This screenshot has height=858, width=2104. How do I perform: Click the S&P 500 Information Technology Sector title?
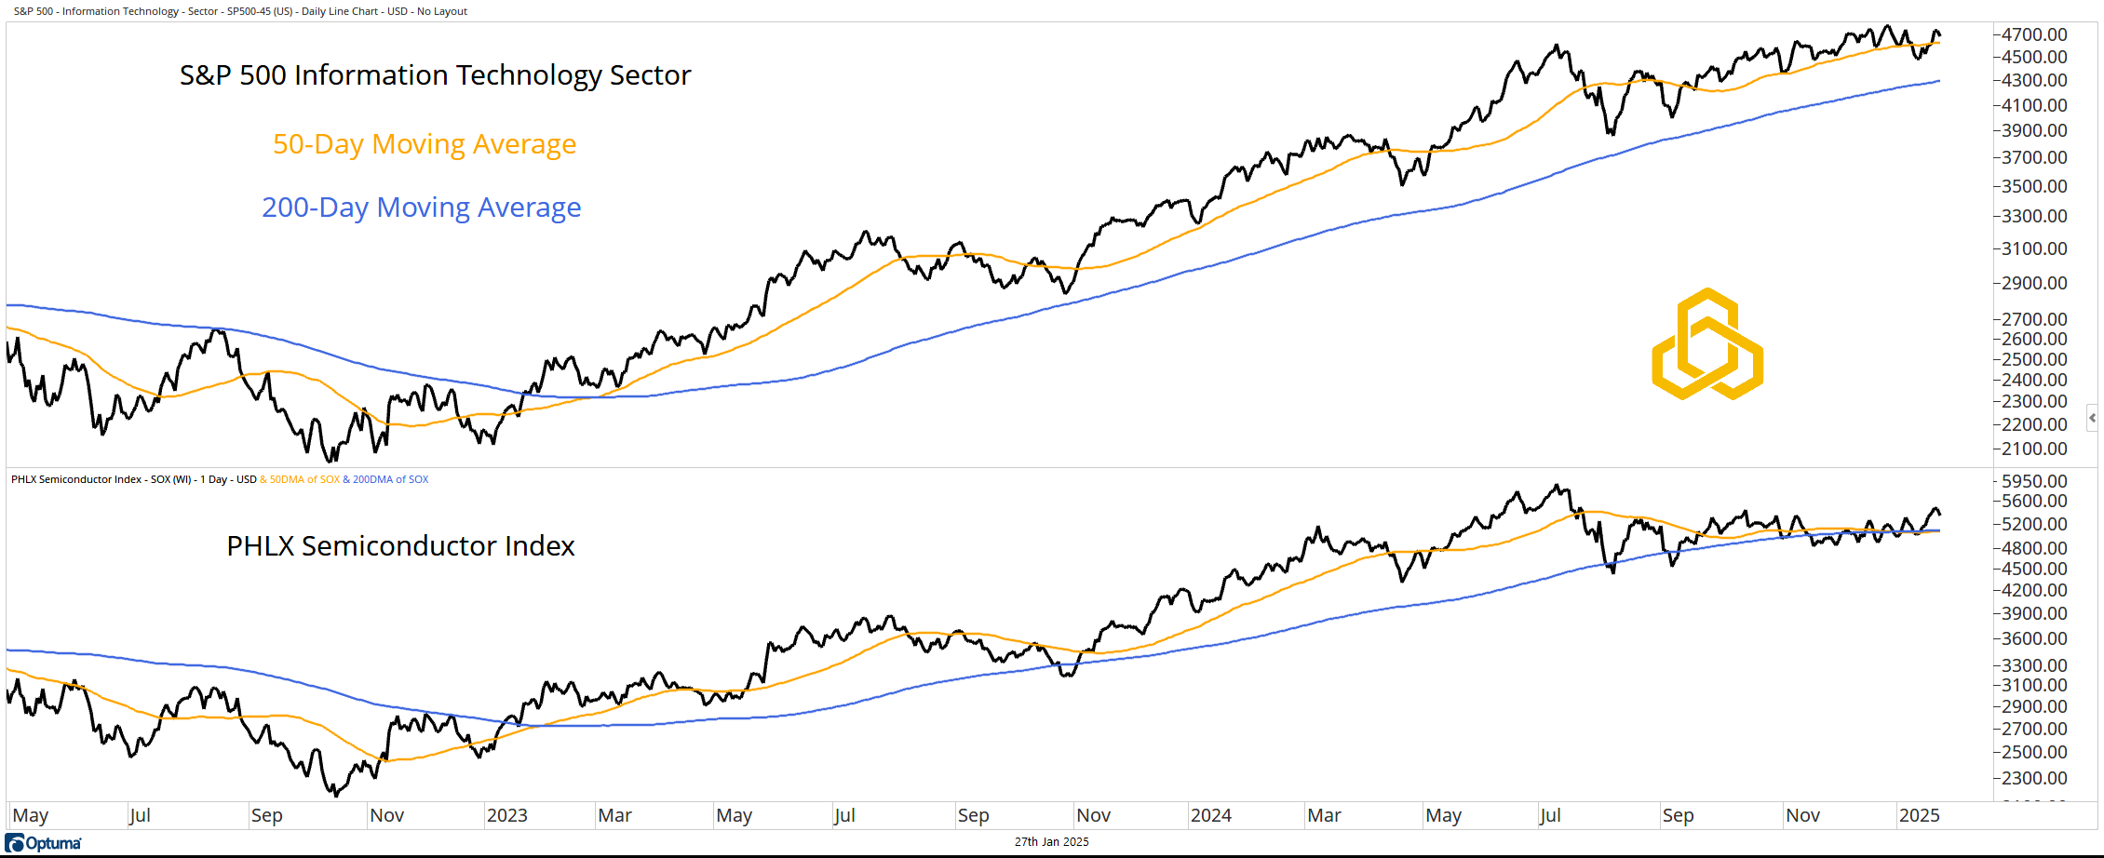click(435, 75)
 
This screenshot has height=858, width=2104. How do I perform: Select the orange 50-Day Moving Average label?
click(425, 144)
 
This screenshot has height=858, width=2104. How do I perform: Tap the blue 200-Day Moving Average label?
click(421, 208)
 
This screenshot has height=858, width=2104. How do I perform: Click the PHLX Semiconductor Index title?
click(400, 546)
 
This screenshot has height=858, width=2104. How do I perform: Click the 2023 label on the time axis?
click(507, 815)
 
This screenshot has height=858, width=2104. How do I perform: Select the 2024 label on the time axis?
click(1211, 815)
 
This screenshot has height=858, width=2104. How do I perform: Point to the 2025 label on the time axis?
click(1920, 815)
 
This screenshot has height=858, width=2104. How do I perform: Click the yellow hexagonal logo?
click(1707, 344)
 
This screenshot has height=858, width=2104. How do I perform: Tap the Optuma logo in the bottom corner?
click(44, 843)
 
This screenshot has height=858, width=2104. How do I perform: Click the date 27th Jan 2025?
click(1051, 842)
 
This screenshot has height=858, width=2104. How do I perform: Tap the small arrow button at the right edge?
click(2093, 418)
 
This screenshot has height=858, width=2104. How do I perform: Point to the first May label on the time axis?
click(31, 815)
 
